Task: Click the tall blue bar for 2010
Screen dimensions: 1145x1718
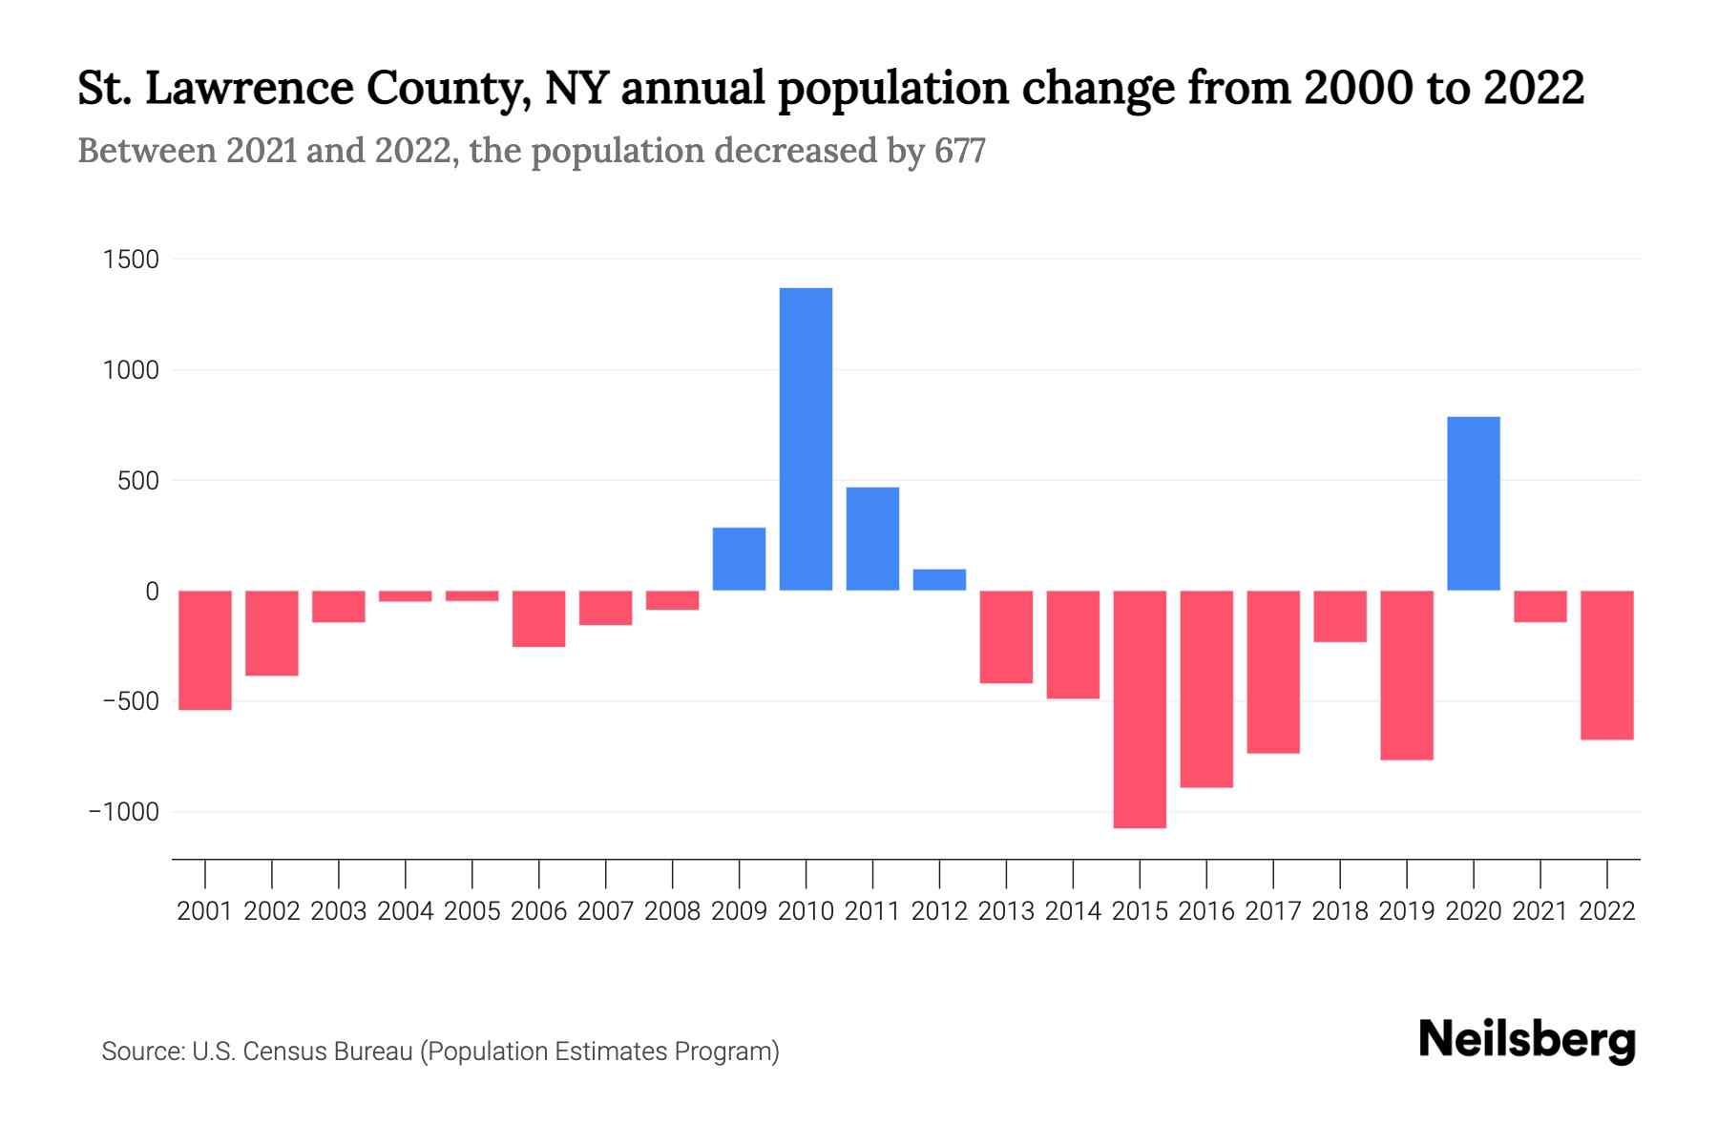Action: click(x=806, y=439)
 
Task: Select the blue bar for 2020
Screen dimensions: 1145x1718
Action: click(x=1473, y=504)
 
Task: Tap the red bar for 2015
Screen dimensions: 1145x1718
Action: click(x=1140, y=709)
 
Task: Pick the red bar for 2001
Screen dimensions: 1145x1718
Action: click(x=205, y=650)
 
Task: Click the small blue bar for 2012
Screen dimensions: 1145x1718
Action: click(x=939, y=580)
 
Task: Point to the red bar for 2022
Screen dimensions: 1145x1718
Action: click(x=1606, y=665)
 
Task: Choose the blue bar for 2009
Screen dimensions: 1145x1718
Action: click(x=739, y=559)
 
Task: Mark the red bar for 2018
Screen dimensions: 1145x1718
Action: click(x=1340, y=616)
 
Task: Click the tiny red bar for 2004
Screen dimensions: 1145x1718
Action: click(x=406, y=596)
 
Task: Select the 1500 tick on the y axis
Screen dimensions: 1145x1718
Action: click(x=131, y=260)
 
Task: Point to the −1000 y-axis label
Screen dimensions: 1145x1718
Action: click(x=124, y=812)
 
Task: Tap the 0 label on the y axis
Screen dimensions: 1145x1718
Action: click(x=152, y=592)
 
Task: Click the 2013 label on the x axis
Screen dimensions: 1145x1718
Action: click(x=1006, y=911)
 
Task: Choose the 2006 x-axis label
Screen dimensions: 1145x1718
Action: click(x=539, y=911)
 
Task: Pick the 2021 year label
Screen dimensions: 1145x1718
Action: click(x=1540, y=911)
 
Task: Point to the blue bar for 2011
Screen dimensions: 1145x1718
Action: click(x=872, y=539)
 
